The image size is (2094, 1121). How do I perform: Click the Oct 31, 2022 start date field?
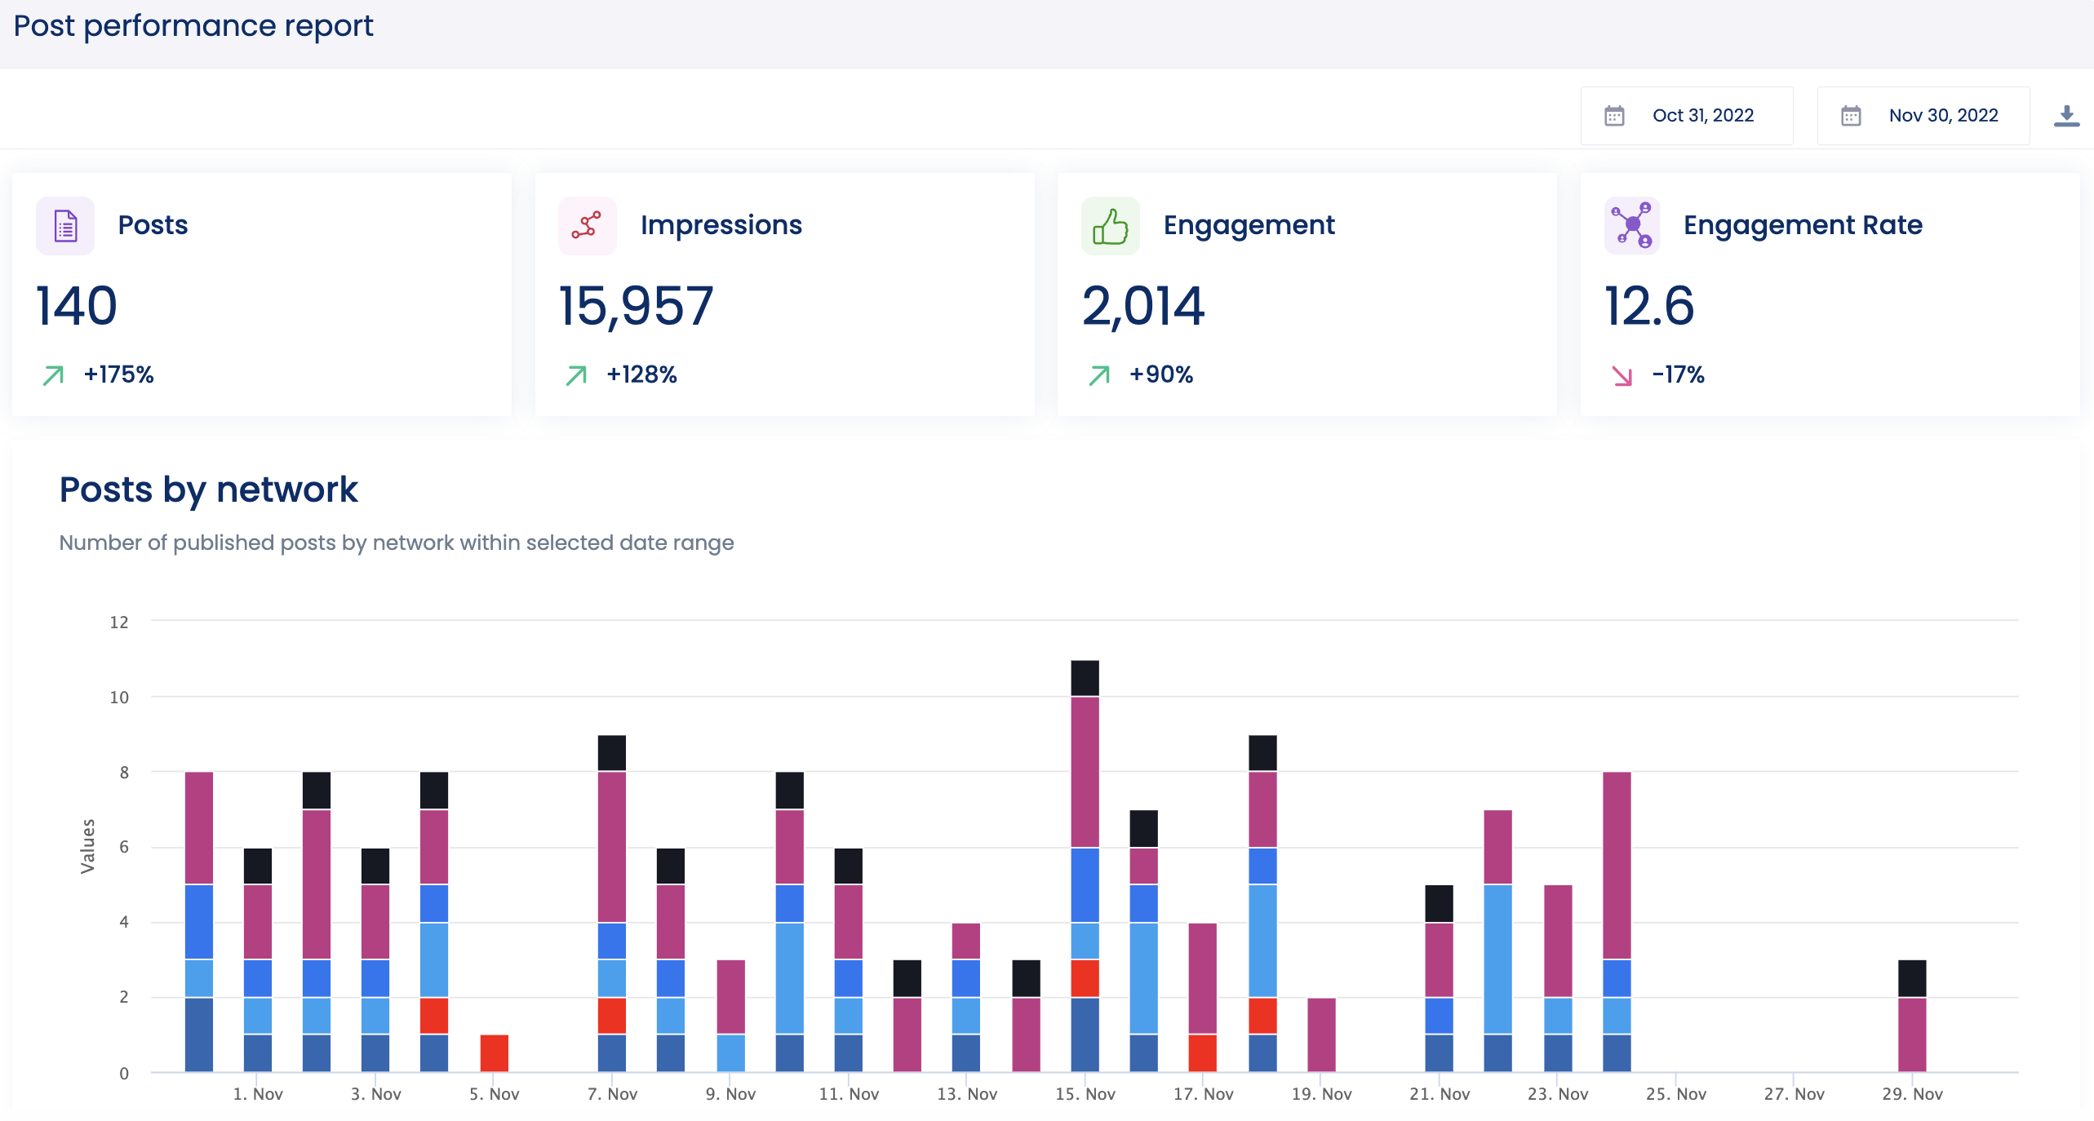1687,116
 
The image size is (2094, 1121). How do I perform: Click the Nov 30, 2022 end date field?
1923,116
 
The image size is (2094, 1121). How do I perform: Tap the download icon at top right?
2065,116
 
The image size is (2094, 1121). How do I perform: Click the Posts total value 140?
77,307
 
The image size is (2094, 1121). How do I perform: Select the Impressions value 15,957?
636,307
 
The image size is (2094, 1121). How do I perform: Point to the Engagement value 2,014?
1142,307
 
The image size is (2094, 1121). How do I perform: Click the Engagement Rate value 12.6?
1649,307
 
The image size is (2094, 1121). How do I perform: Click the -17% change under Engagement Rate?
1678,374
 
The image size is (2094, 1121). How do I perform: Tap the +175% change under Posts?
118,374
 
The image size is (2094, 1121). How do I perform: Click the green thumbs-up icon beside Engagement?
1110,226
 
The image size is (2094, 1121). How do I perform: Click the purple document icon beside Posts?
65,226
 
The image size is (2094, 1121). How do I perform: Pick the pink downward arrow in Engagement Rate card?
1622,375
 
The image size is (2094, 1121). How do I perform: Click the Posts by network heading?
208,490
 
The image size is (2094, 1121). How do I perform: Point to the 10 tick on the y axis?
119,698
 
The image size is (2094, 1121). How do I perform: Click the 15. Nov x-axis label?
1085,1094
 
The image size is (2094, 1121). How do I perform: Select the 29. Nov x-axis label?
1911,1094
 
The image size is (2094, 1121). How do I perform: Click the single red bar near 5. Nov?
494,1053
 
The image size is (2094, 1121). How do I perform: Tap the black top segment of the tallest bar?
1085,678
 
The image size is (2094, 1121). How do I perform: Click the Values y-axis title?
87,846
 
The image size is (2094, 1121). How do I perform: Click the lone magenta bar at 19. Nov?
1321,1035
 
